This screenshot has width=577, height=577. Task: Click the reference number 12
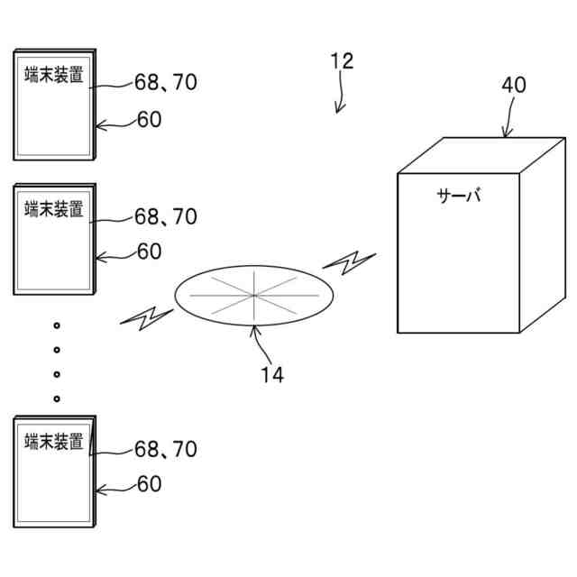(x=342, y=61)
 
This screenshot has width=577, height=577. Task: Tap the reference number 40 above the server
(x=514, y=86)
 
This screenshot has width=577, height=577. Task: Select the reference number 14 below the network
(x=272, y=375)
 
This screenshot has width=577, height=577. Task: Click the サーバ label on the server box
(x=459, y=196)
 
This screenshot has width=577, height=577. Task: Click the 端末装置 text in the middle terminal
(x=54, y=209)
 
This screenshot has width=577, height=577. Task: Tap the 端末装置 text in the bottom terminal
(x=54, y=442)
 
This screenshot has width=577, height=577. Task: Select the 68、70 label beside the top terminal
(x=166, y=82)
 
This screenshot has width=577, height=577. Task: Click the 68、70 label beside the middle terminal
(x=166, y=216)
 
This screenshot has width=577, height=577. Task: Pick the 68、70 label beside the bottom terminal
(x=166, y=448)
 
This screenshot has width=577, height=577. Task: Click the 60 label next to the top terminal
(x=150, y=119)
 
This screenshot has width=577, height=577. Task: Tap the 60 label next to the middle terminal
(x=150, y=252)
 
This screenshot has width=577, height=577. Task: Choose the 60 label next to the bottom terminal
(x=150, y=484)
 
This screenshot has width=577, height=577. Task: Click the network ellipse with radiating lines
(x=253, y=293)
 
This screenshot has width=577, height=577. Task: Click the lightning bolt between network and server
(x=349, y=262)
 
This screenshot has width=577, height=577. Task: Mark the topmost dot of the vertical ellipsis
(x=56, y=324)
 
